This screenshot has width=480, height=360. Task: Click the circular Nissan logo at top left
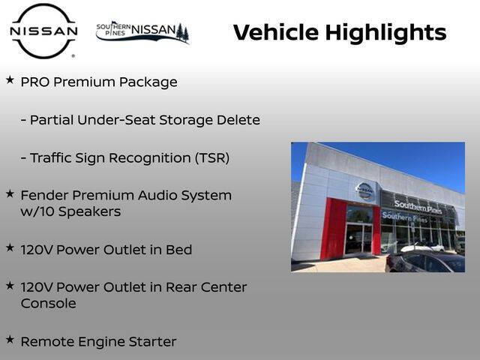(x=43, y=31)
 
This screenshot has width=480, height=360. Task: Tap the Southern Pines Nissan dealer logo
(x=142, y=32)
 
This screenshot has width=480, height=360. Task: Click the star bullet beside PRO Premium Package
(x=10, y=79)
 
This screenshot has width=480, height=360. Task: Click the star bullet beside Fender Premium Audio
(x=10, y=193)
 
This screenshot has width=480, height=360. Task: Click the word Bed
(x=178, y=250)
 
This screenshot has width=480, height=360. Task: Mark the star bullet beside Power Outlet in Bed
(x=10, y=247)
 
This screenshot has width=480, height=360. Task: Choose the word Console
(x=49, y=304)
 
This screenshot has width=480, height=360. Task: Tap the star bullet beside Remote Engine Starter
(x=10, y=339)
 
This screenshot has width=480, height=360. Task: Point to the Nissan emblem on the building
(x=364, y=190)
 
